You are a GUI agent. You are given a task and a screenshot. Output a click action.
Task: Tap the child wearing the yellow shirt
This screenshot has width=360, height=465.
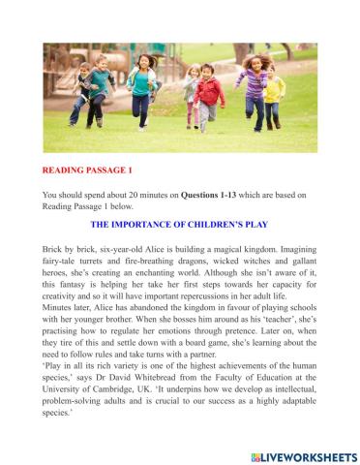275,92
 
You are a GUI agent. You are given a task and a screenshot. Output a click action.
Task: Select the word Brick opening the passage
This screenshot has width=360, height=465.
54,247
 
